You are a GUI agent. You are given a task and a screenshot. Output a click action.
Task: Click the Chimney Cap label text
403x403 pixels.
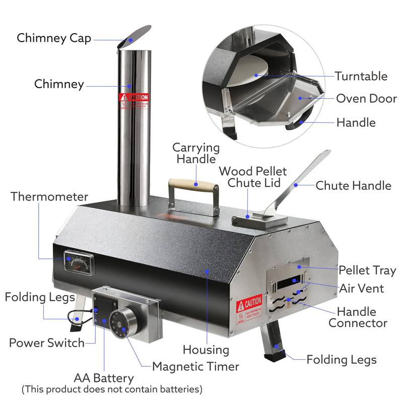click(54, 38)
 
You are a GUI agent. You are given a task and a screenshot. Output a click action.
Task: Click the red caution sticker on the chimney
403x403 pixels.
click(133, 100)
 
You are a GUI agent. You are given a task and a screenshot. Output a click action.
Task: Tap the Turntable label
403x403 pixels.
click(361, 76)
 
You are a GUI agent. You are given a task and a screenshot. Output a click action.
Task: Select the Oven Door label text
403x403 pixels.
click(366, 98)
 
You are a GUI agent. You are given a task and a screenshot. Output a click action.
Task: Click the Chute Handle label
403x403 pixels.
click(353, 185)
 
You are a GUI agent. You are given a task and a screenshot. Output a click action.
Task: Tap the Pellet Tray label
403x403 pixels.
click(367, 270)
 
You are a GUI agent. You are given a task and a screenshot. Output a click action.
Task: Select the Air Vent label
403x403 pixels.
click(361, 288)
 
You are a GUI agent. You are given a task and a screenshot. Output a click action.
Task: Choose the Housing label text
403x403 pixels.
click(206, 350)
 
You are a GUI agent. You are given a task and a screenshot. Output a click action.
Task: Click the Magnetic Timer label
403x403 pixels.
click(195, 366)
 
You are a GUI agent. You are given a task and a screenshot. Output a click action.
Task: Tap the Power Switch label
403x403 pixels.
click(47, 343)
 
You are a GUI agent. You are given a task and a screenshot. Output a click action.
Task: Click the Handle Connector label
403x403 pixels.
click(358, 317)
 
